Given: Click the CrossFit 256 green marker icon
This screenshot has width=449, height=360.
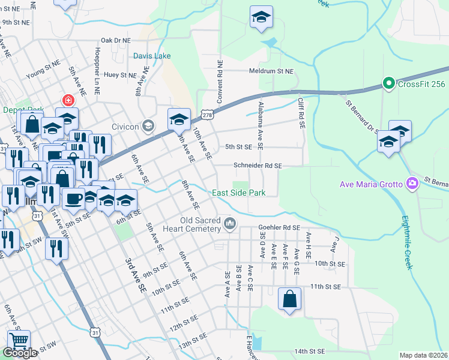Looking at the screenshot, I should (388, 83).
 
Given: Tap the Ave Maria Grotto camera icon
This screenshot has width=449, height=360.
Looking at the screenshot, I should (412, 183).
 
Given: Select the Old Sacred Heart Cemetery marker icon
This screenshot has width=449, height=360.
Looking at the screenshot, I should (229, 224).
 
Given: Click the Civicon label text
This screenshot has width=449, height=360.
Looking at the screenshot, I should (125, 127).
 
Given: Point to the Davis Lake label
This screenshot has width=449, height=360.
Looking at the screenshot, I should (152, 56).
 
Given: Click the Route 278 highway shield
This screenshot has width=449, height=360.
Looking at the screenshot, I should (207, 114).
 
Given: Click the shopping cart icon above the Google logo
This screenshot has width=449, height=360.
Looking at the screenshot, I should (19, 340).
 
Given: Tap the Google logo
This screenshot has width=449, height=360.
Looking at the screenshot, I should (20, 353).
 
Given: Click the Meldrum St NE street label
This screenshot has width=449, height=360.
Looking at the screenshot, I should (272, 71).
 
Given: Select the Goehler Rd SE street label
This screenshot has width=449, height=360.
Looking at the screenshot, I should (279, 228).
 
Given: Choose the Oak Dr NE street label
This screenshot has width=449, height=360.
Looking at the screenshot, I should (115, 40).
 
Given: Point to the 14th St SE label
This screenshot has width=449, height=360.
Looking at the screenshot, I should (309, 351).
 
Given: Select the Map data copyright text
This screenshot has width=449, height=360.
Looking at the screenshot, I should (424, 355).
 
